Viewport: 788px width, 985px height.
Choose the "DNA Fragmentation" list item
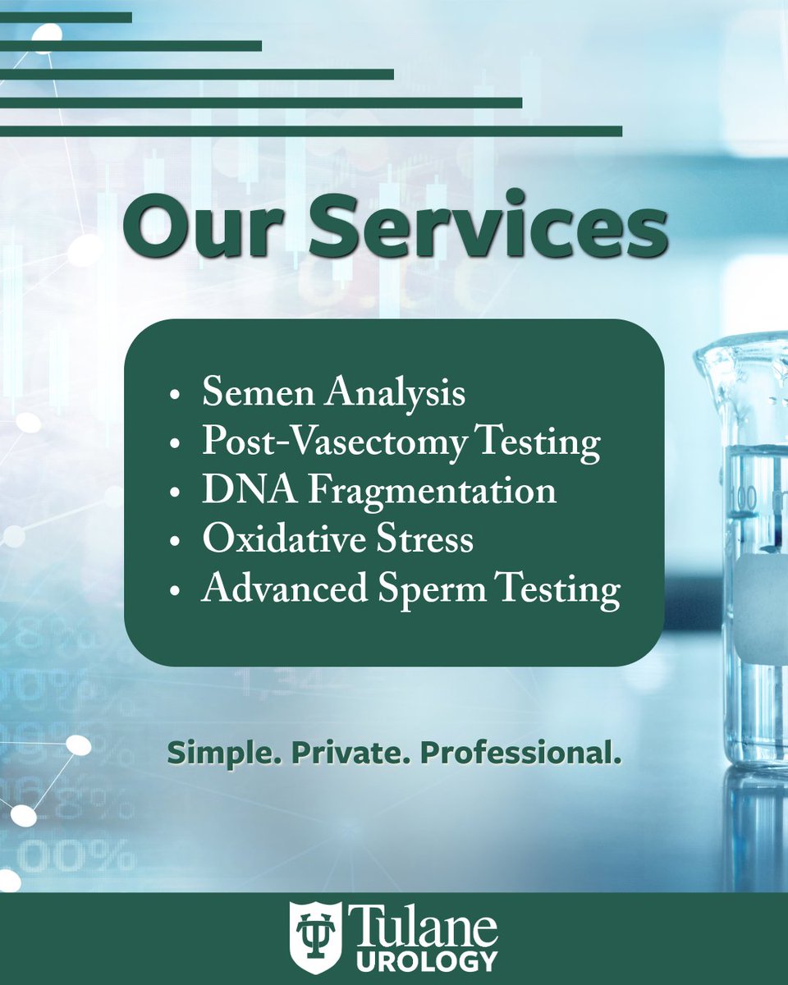(378, 492)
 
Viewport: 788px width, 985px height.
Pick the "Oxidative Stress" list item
(337, 540)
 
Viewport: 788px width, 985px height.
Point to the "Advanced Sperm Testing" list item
(410, 590)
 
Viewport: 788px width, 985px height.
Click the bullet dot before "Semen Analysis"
(174, 396)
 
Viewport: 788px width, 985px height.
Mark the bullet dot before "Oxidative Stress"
(174, 543)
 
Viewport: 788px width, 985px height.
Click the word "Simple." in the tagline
(215, 753)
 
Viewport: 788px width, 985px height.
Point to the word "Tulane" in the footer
(422, 925)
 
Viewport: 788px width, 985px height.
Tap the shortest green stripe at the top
(66, 17)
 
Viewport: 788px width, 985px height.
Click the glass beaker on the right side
(743, 534)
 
